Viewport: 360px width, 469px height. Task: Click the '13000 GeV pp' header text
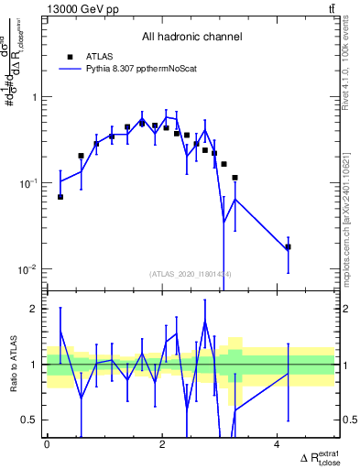coord(75,9)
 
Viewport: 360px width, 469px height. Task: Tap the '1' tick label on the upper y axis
coord(36,97)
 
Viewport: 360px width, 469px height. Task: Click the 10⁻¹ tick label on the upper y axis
coord(30,183)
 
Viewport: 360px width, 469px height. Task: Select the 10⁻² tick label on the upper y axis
coord(30,269)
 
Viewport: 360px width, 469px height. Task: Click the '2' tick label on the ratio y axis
coord(36,309)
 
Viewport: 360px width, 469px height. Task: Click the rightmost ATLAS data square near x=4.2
coord(288,246)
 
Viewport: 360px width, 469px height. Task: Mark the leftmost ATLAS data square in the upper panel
coord(60,197)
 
